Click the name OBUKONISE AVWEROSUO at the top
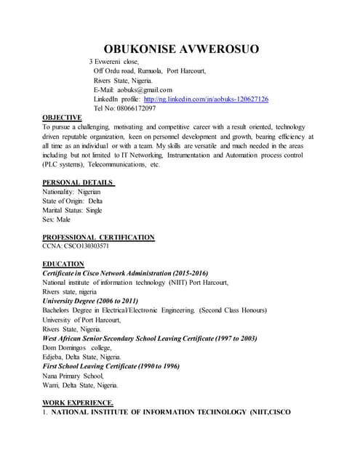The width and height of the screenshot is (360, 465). [181, 49]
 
